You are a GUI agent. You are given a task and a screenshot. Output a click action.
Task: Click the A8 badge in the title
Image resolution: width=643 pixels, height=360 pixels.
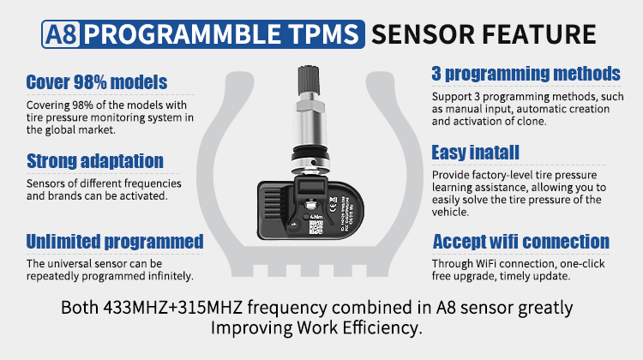pos(61,35)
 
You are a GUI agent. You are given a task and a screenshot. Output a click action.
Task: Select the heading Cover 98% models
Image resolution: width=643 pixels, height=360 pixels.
pos(96,82)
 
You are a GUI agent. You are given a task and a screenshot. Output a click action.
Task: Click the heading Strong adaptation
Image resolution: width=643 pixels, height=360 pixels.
pos(94,160)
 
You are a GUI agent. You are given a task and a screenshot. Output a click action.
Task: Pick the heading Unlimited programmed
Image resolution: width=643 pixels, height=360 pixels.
pos(114,241)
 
